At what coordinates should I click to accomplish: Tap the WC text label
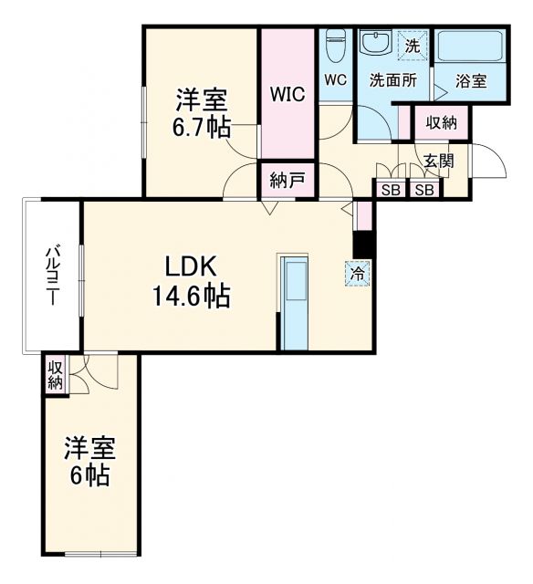tap(335, 79)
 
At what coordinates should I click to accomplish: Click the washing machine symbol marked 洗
tap(413, 44)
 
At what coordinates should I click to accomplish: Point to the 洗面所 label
tap(392, 80)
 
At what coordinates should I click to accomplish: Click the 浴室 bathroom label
tap(472, 80)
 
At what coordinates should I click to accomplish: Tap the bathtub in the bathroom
tap(470, 47)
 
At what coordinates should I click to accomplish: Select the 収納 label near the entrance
tap(442, 122)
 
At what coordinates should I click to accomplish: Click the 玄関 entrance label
tap(438, 162)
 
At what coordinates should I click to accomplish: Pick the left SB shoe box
tap(391, 190)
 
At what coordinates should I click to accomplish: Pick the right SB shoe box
tap(423, 190)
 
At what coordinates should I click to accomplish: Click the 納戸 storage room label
tap(287, 181)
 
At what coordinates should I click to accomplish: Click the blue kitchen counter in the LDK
tap(295, 301)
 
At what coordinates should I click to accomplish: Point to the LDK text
tap(191, 266)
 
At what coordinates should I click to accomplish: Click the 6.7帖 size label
tap(201, 127)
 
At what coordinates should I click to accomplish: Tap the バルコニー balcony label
tap(54, 276)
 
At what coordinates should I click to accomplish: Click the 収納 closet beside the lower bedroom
tap(56, 373)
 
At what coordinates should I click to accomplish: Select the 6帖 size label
tap(90, 476)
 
